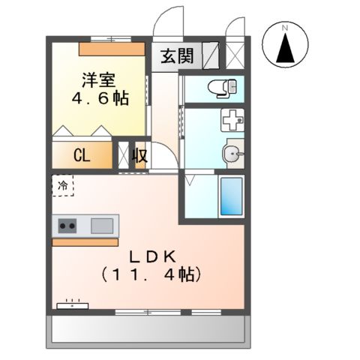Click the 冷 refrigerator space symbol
click(63, 184)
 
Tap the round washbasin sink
click(232, 155)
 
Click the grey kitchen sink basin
click(102, 224)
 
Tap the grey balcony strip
click(148, 330)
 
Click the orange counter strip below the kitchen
click(85, 241)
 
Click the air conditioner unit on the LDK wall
click(73, 305)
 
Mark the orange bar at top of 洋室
click(112, 46)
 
